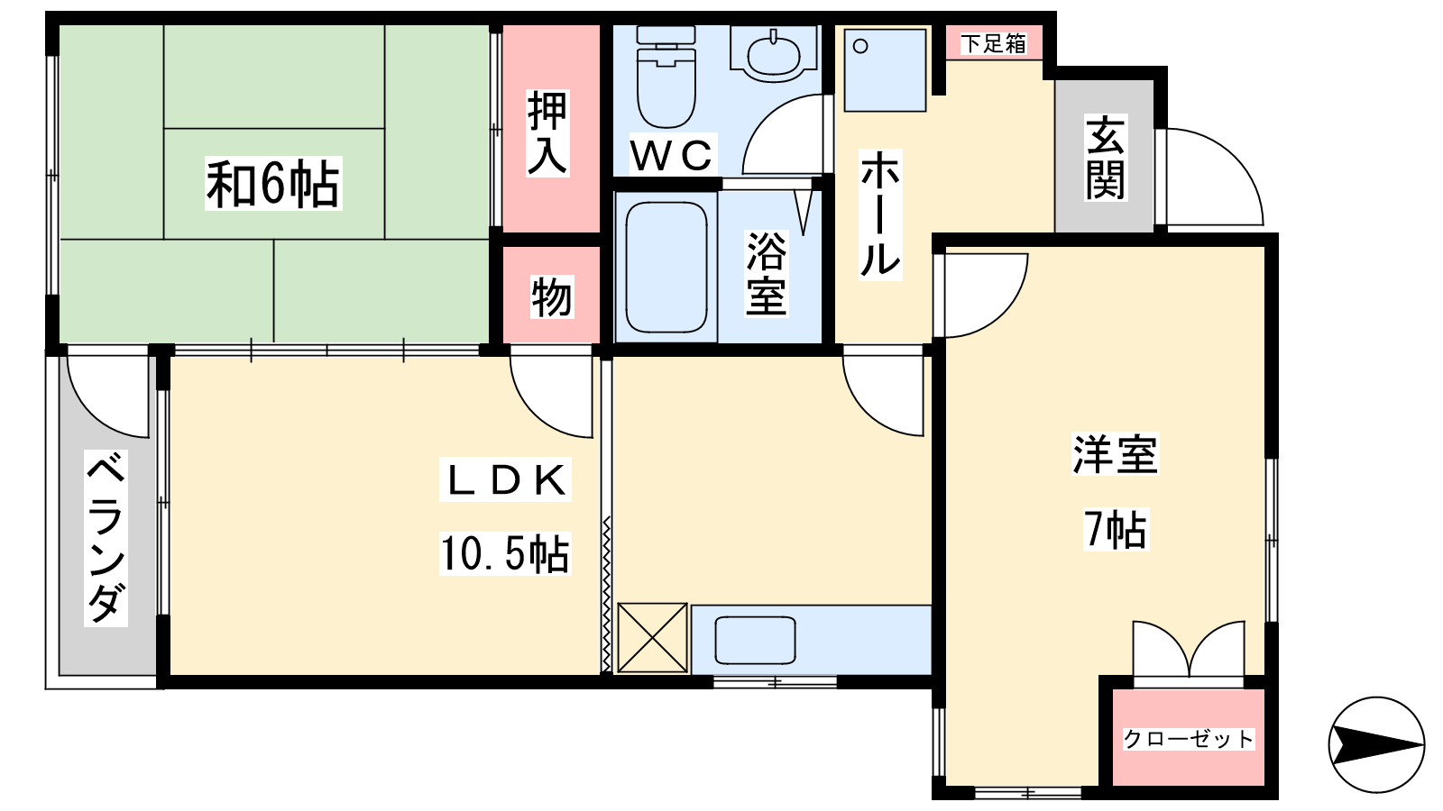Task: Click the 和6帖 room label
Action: (x=273, y=184)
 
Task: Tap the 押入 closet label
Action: (x=547, y=133)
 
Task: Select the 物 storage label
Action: (x=551, y=296)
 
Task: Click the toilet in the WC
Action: (x=666, y=77)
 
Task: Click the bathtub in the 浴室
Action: (x=666, y=267)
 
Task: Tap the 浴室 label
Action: (x=766, y=274)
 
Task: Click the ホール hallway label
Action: (x=880, y=214)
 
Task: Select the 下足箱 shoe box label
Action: (x=993, y=44)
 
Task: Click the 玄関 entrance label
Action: (x=1105, y=158)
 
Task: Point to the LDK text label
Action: (x=506, y=480)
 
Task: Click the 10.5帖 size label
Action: (x=505, y=553)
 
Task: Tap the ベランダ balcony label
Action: (x=106, y=538)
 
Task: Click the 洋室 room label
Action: (x=1115, y=454)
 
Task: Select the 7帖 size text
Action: (x=1116, y=529)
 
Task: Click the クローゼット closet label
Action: (x=1189, y=739)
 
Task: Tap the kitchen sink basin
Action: (x=755, y=640)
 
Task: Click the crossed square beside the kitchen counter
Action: (x=653, y=638)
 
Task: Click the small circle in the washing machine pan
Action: (x=860, y=46)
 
